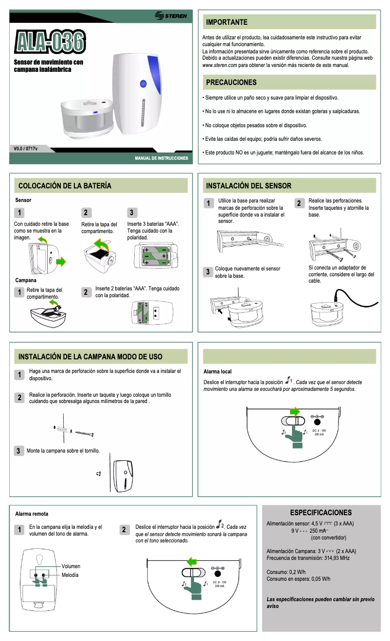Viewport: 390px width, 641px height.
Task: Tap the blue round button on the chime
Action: pyautogui.click(x=143, y=84)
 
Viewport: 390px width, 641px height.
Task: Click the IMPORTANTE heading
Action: pyautogui.click(x=227, y=22)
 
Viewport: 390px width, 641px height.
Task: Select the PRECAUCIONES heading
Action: pyautogui.click(x=231, y=83)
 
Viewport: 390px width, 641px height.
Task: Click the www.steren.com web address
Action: pyautogui.click(x=219, y=65)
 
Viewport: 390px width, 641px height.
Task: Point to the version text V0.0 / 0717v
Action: pyautogui.click(x=26, y=148)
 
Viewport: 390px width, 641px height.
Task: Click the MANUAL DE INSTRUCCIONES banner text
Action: pyautogui.click(x=161, y=159)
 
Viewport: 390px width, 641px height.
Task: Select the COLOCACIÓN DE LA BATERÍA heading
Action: pyautogui.click(x=65, y=186)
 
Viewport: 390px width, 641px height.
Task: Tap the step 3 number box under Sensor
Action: pyautogui.click(x=132, y=213)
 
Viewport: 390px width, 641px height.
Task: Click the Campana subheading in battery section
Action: pyautogui.click(x=26, y=280)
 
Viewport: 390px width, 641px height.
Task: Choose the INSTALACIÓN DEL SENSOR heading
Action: pyautogui.click(x=248, y=186)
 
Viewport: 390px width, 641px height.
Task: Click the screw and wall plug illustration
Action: pyautogui.click(x=74, y=431)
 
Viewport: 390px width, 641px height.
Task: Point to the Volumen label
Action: pyautogui.click(x=71, y=566)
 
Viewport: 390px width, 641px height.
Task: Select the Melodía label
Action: pyautogui.click(x=70, y=575)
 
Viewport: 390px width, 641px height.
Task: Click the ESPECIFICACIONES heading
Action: pyautogui.click(x=320, y=513)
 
